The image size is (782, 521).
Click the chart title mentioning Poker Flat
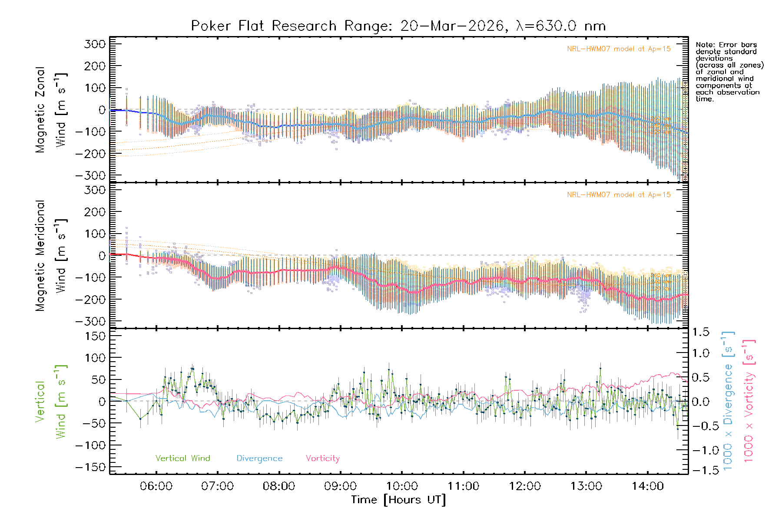[398, 26]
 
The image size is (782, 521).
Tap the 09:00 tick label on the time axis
[340, 486]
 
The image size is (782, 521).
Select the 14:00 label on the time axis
[647, 486]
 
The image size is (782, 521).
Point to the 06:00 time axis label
[156, 486]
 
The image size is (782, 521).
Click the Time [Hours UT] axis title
[398, 500]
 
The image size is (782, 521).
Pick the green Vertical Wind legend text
[182, 458]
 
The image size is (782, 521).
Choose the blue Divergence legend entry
[259, 458]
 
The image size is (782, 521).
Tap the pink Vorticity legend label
[322, 458]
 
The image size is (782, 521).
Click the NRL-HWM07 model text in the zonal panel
[619, 49]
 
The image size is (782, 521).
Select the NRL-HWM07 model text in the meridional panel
[619, 195]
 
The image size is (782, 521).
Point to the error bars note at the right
[729, 72]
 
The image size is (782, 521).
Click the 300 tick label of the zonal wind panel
[95, 44]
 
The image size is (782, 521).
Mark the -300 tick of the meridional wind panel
[91, 321]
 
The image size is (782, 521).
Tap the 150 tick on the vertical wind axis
[95, 336]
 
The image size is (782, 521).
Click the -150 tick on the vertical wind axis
[91, 467]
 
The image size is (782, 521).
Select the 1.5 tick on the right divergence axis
[701, 332]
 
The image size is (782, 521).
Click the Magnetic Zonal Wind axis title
[51, 109]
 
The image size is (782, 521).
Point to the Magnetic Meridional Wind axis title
[51, 255]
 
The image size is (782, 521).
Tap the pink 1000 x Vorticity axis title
[749, 401]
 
